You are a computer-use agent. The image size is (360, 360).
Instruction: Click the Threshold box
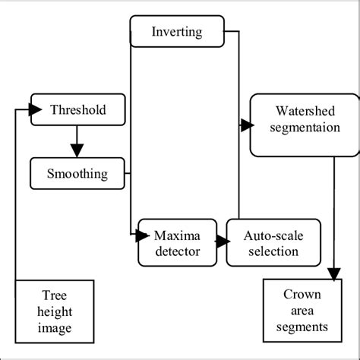coord(77,109)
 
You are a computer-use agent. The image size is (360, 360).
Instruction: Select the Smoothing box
coord(78,174)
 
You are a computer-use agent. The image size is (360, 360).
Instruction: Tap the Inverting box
coord(177,31)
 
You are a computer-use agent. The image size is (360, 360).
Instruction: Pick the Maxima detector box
coord(177,242)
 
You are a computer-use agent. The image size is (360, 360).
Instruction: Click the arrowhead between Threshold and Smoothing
coord(77,150)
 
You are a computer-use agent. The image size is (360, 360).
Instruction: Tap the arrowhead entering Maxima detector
coord(143,235)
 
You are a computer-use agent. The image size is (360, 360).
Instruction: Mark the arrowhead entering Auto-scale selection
coord(223,242)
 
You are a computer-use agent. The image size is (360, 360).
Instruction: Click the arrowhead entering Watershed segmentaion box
coord(246,124)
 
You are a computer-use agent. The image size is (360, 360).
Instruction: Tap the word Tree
coord(56,294)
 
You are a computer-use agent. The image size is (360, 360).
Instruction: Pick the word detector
coord(177,250)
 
